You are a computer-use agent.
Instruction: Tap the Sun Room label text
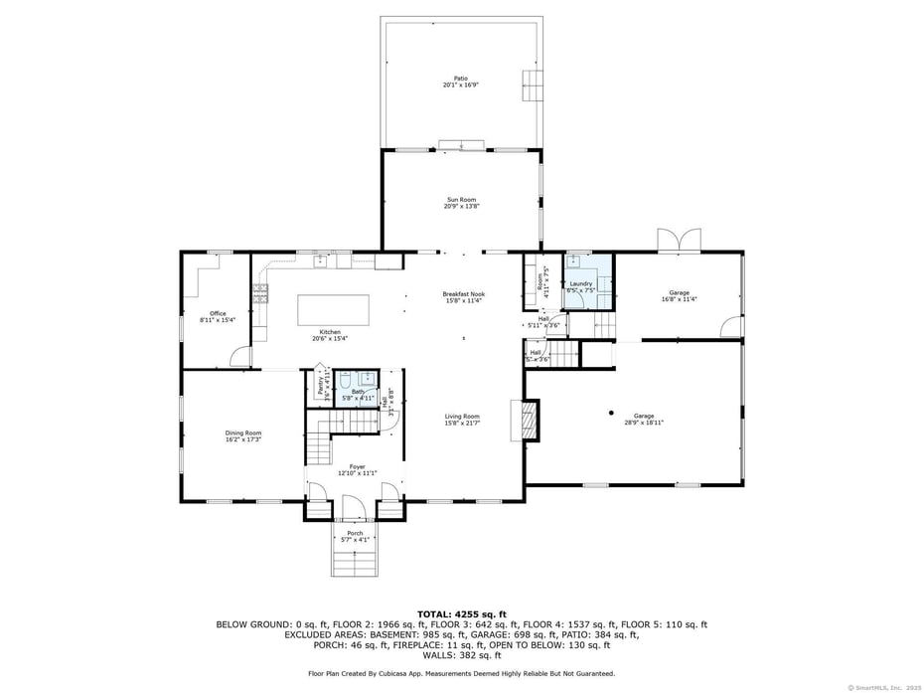pos(461,200)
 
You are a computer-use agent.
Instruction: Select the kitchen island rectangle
pos(334,308)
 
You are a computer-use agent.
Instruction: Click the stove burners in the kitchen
pos(261,292)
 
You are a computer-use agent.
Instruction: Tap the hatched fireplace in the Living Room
pos(531,419)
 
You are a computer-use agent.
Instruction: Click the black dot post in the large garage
pos(612,412)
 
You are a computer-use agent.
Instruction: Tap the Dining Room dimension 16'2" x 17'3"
pos(243,439)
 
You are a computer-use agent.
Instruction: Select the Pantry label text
pos(320,386)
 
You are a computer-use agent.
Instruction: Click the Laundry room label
pos(581,283)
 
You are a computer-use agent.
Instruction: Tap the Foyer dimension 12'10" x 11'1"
pos(352,473)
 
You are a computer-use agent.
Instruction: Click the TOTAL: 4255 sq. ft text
pos(461,613)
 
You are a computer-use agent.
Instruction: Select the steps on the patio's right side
pos(534,85)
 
